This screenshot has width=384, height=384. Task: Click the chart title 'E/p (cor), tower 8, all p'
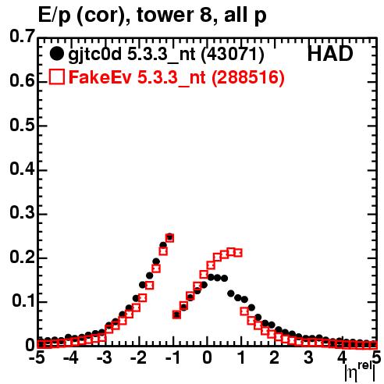(152, 16)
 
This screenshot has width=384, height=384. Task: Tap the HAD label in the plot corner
(330, 54)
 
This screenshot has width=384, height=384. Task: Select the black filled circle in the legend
(56, 54)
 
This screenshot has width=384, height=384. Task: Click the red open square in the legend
(56, 76)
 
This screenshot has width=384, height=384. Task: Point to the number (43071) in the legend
(233, 54)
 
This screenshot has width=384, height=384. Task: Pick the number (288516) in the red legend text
(248, 77)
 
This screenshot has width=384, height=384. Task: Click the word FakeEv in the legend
(100, 77)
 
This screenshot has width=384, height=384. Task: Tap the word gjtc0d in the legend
(95, 55)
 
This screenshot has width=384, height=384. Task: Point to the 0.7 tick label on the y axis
(22, 36)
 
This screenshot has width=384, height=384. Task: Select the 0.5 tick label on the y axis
(22, 125)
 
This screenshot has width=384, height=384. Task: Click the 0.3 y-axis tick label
(22, 213)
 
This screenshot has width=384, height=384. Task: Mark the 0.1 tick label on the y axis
(23, 301)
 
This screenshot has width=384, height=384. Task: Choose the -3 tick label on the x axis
(105, 357)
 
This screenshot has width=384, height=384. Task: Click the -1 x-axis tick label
(172, 357)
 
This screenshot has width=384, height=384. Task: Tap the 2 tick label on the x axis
(275, 357)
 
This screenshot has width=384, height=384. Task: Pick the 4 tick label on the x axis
(343, 357)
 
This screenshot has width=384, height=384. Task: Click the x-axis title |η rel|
(361, 372)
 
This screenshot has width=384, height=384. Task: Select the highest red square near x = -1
(169, 237)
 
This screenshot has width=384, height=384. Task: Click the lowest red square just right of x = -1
(176, 315)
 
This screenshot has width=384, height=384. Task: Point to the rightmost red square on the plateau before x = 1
(238, 253)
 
